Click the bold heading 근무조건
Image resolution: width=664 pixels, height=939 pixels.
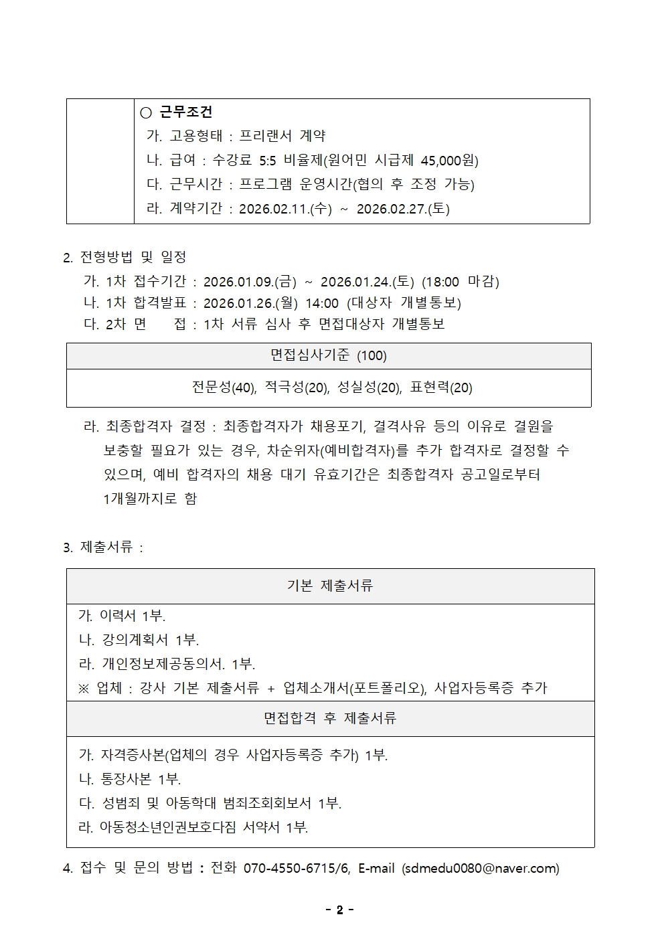point(185,112)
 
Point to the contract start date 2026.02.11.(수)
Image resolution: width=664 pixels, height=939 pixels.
point(285,208)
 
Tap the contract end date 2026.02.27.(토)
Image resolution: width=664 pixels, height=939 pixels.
point(403,208)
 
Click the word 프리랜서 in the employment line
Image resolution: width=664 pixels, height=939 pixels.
point(266,136)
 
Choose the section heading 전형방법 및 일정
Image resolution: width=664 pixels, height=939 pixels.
point(133,257)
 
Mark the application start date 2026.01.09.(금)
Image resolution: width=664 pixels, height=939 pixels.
point(250,281)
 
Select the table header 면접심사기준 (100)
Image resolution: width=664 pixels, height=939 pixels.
point(329,355)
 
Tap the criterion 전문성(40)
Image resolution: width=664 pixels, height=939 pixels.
point(224,388)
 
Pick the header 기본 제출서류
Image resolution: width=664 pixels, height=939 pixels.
point(329,586)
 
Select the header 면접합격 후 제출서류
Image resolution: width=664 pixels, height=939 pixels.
point(330,718)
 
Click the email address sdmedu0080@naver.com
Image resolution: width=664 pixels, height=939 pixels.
point(481,868)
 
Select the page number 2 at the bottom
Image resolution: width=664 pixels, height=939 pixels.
point(339,910)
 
